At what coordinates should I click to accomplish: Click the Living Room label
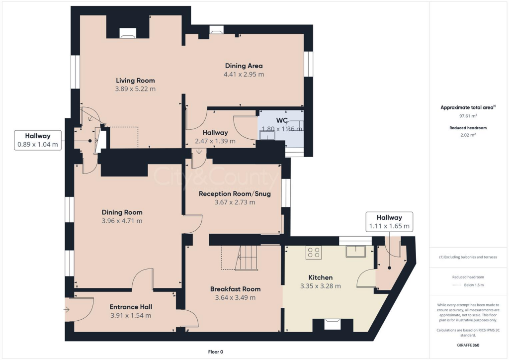tap(135, 81)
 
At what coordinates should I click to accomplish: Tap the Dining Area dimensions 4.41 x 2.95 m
tap(244, 75)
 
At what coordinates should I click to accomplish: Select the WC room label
tap(282, 120)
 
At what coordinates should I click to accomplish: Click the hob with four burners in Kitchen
tap(314, 252)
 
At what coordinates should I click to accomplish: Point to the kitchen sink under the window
tap(356, 252)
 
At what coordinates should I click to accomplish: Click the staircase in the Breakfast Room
tap(247, 258)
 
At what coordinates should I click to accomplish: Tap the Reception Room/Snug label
tap(235, 193)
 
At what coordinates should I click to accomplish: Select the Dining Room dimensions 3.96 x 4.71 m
tap(122, 221)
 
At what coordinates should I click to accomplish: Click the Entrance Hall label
tap(131, 307)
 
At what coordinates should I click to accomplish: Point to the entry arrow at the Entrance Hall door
tap(68, 310)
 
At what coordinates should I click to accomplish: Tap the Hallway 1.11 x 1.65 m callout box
tap(389, 222)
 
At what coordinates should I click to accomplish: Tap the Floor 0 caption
tap(216, 352)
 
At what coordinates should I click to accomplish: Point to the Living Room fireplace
tap(128, 34)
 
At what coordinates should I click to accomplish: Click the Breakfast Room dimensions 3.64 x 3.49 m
tap(235, 298)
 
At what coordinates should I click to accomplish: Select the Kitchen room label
tap(321, 277)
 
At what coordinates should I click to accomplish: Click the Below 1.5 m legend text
tap(474, 285)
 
